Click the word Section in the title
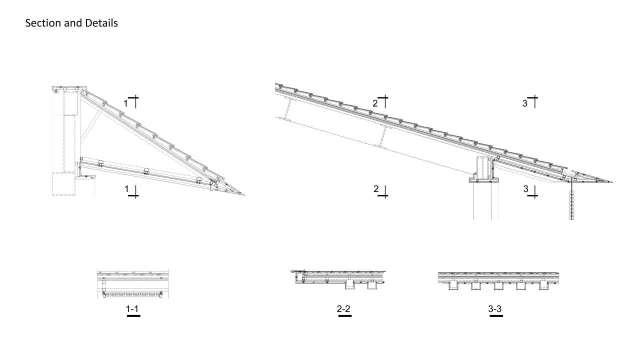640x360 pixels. pos(43,23)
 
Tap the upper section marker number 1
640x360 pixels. pos(125,103)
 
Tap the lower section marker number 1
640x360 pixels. pos(126,189)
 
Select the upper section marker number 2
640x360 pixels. pos(375,103)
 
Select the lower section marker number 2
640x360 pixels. pos(376,189)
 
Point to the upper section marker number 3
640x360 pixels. pos(525,103)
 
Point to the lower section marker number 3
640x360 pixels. pos(525,189)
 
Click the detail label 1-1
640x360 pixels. pos(132,309)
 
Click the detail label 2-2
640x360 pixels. pos(343,309)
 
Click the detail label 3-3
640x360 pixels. pos(495,309)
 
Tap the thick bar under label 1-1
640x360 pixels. pos(133,316)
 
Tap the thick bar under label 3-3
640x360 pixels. pos(496,316)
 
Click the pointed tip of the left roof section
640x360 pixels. pos(245,195)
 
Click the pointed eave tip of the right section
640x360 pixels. pos(612,182)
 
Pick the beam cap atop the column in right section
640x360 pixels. pos(484,180)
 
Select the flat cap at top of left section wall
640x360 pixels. pos(69,88)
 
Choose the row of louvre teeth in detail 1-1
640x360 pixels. pos(133,294)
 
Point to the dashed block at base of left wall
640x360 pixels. pos(63,184)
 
